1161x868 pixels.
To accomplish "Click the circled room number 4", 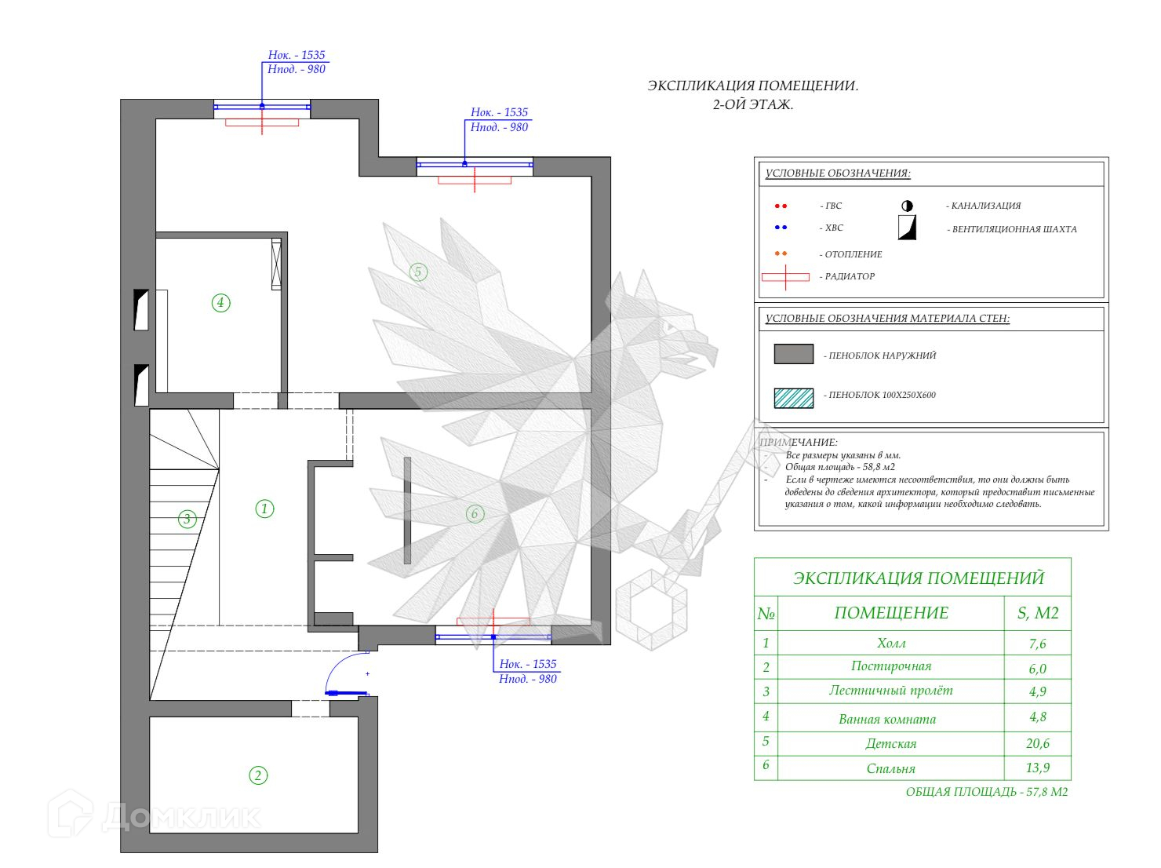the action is pyautogui.click(x=220, y=302).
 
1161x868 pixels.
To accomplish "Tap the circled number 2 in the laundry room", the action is pyautogui.click(x=258, y=775).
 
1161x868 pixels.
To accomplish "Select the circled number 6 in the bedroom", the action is pyautogui.click(x=474, y=514).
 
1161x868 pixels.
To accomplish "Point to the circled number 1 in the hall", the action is pyautogui.click(x=264, y=509).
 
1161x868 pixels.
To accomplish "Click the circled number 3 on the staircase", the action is pyautogui.click(x=187, y=519).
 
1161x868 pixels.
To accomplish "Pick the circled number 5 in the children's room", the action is pyautogui.click(x=417, y=272).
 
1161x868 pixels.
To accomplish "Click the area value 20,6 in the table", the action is pyautogui.click(x=1037, y=743).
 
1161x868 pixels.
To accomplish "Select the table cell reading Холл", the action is pyautogui.click(x=890, y=644).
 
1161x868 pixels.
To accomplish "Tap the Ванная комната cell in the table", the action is pyautogui.click(x=887, y=719).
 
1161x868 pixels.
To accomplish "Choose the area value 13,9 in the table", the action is pyautogui.click(x=1037, y=768).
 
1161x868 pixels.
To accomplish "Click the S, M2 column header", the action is pyautogui.click(x=1038, y=613).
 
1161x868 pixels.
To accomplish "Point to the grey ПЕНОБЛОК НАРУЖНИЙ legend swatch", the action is pyautogui.click(x=793, y=354).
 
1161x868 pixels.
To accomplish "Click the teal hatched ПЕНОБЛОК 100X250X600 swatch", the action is pyautogui.click(x=793, y=398).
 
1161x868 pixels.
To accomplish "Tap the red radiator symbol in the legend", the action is pyautogui.click(x=785, y=277).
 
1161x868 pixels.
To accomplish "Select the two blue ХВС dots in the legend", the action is pyautogui.click(x=781, y=228).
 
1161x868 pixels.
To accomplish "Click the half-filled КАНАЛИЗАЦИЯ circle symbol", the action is pyautogui.click(x=907, y=206).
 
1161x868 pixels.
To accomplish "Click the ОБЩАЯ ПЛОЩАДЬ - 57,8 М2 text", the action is pyautogui.click(x=986, y=792).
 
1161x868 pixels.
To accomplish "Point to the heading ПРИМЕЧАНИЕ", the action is pyautogui.click(x=799, y=443).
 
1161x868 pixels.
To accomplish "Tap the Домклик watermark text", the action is pyautogui.click(x=180, y=817).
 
